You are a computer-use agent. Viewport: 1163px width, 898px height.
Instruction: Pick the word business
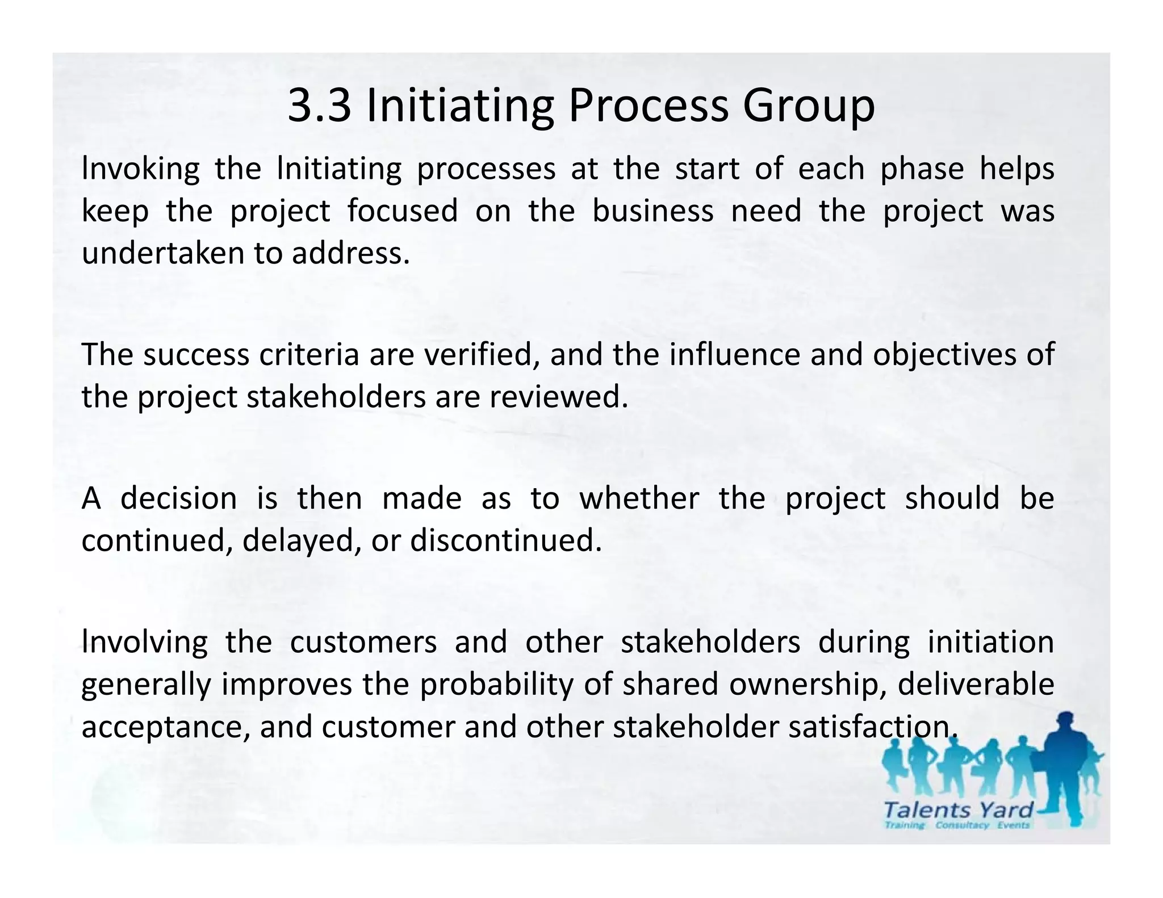[x=652, y=211]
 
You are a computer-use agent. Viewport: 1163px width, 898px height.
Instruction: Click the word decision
[x=178, y=498]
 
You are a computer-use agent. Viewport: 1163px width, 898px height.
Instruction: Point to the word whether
[x=639, y=498]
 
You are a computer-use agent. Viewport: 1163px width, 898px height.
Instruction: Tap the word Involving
[x=144, y=643]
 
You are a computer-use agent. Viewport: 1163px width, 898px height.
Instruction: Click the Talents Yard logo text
[x=958, y=809]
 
